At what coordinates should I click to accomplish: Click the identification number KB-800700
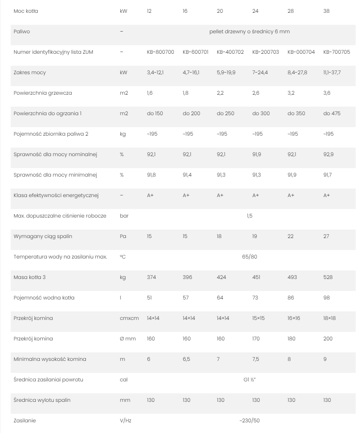point(160,52)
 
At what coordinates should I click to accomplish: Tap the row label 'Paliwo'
point(22,32)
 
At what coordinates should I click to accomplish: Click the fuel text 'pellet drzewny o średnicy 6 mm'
point(250,32)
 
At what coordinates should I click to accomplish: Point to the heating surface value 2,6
point(255,93)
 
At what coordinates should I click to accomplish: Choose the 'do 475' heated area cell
point(332,113)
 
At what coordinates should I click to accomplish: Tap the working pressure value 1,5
point(249,216)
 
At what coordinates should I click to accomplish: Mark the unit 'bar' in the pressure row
point(124,216)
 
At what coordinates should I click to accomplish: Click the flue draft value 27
point(326,236)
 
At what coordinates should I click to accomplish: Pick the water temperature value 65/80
point(249,257)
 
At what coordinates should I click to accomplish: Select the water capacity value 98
point(326,298)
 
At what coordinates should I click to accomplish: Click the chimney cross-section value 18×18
point(329,318)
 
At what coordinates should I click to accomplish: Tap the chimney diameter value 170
point(256,339)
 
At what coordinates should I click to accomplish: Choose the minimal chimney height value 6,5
point(186,359)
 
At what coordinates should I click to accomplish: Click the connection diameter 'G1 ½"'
point(249,380)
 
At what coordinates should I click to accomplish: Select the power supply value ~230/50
point(249,421)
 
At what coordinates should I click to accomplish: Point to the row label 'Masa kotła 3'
point(30,277)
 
